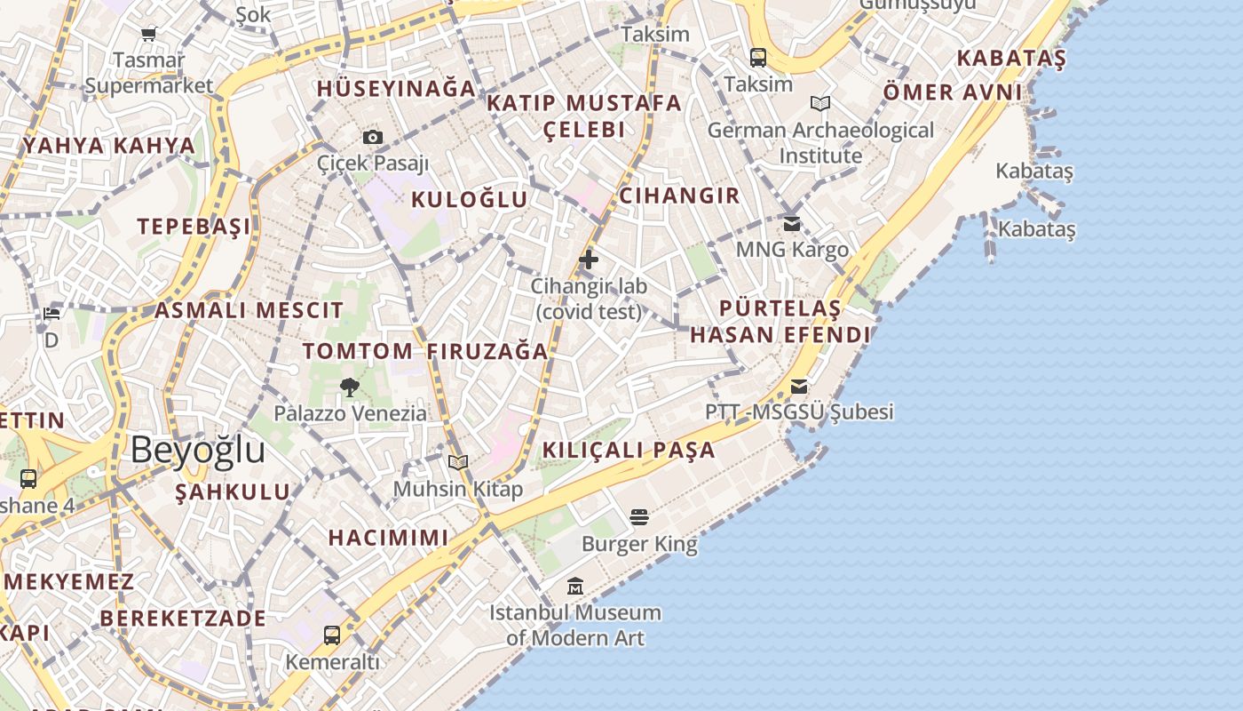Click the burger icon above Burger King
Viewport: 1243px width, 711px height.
point(639,516)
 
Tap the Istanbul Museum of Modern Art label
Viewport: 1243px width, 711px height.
point(575,625)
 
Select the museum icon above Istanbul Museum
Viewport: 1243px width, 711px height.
point(575,587)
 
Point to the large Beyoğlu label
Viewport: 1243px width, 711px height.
point(197,451)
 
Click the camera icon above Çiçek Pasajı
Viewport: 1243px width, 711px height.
point(373,137)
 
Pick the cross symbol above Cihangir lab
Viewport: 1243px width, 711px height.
point(589,260)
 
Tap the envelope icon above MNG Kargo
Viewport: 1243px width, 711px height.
point(792,223)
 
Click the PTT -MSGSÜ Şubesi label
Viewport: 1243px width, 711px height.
point(799,412)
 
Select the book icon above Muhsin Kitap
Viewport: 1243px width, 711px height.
point(458,462)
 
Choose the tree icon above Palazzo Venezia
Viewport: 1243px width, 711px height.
point(350,387)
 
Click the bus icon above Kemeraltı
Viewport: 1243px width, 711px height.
point(332,635)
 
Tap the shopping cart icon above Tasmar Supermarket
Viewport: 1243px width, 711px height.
point(148,34)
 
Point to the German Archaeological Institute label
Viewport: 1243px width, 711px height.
point(820,142)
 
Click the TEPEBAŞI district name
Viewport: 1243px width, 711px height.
point(194,227)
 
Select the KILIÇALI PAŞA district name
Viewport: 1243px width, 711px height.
point(629,450)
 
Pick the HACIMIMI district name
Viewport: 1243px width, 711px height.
point(389,538)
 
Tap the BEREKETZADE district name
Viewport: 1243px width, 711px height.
point(183,619)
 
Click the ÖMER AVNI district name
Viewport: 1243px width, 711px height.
point(953,92)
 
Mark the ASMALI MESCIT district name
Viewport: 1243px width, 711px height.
point(249,311)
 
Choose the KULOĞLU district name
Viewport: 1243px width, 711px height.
point(469,199)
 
